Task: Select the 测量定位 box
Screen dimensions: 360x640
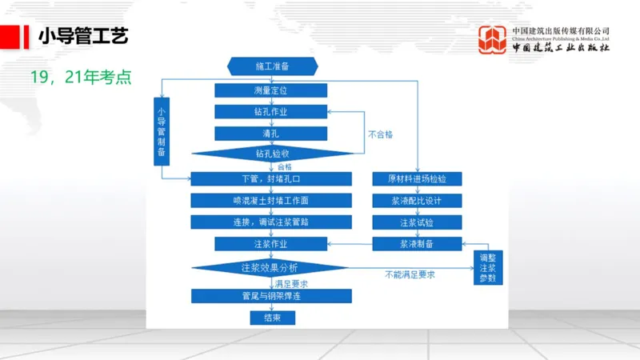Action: (x=270, y=90)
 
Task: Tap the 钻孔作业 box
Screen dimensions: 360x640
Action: (x=270, y=112)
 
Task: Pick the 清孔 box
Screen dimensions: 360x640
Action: (x=270, y=134)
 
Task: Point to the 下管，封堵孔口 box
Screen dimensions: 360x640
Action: (x=270, y=178)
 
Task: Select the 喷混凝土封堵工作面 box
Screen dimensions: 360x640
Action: (x=270, y=200)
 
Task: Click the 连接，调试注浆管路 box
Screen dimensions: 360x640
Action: (x=270, y=222)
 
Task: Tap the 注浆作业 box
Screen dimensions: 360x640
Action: (x=270, y=243)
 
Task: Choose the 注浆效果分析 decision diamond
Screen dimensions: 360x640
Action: (x=270, y=266)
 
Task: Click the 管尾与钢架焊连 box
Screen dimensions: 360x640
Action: (x=270, y=296)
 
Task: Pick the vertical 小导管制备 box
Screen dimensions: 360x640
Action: (x=162, y=130)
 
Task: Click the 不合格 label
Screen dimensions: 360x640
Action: (x=380, y=134)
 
